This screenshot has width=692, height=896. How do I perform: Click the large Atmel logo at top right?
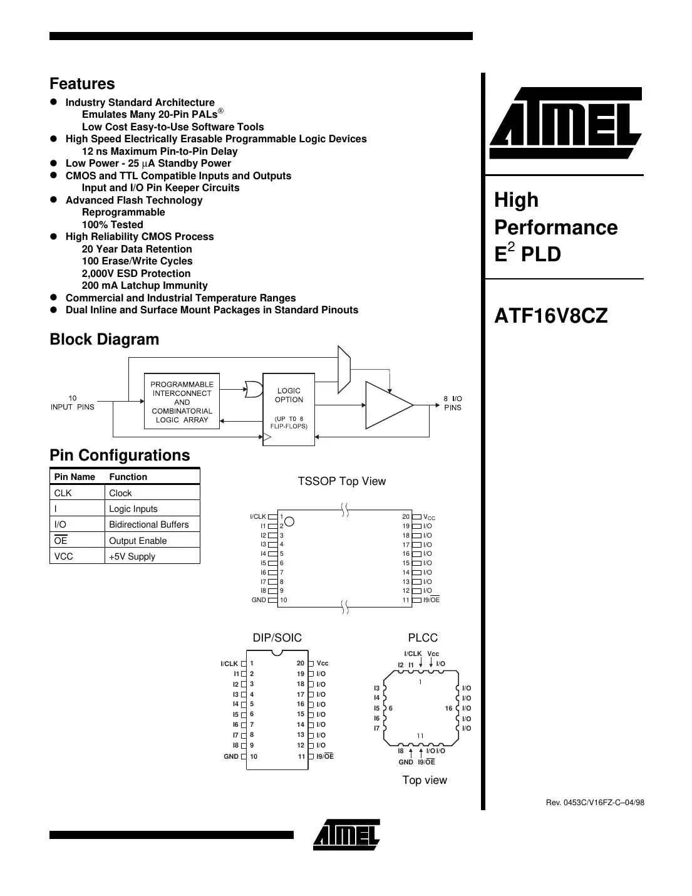pyautogui.click(x=565, y=124)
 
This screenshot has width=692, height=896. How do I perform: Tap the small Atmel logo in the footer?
pyautogui.click(x=346, y=835)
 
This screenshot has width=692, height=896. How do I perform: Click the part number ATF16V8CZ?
pyautogui.click(x=550, y=316)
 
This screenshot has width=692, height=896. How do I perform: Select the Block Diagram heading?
pyautogui.click(x=104, y=340)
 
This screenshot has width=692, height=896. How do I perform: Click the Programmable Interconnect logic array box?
pyautogui.click(x=182, y=401)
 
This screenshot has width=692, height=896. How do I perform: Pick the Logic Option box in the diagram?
pyautogui.click(x=288, y=409)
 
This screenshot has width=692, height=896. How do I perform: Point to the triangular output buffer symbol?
pyautogui.click(x=388, y=405)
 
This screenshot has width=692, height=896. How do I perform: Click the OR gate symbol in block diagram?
pyautogui.click(x=253, y=389)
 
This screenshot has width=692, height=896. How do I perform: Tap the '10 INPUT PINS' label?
pyautogui.click(x=73, y=403)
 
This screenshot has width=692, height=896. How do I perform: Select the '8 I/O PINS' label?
pyautogui.click(x=452, y=403)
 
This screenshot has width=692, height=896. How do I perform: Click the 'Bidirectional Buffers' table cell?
pyautogui.click(x=148, y=524)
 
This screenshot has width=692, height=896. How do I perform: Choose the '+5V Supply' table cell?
pyautogui.click(x=132, y=556)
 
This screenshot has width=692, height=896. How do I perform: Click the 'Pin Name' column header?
pyautogui.click(x=75, y=477)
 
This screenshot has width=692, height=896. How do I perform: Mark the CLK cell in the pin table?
pyautogui.click(x=63, y=493)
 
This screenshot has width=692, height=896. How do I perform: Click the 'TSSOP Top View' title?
pyautogui.click(x=341, y=481)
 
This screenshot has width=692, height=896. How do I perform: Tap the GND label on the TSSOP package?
pyautogui.click(x=259, y=600)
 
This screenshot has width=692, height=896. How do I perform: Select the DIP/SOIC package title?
pyautogui.click(x=277, y=638)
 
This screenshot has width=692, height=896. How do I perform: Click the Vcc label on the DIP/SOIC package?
pyautogui.click(x=323, y=663)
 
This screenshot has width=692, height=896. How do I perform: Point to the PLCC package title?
pyautogui.click(x=423, y=638)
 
